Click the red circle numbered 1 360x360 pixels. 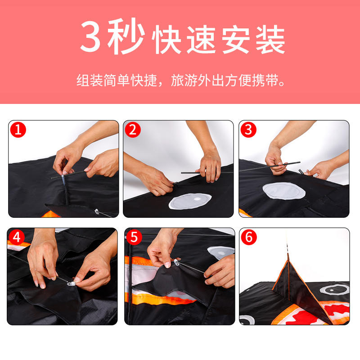click(18, 130)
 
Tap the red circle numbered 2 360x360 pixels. click(133, 130)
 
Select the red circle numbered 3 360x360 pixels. click(248, 130)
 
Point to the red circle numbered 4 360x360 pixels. click(17, 237)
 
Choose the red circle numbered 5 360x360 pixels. click(134, 237)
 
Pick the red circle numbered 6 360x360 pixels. click(249, 237)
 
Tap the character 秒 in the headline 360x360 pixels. click(126, 36)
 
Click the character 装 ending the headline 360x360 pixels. click(270, 40)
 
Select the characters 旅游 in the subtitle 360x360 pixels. click(184, 81)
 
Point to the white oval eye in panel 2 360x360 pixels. click(190, 201)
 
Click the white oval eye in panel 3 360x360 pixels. click(284, 190)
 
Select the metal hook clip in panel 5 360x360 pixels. click(176, 262)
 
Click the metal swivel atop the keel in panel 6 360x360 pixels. click(288, 249)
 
